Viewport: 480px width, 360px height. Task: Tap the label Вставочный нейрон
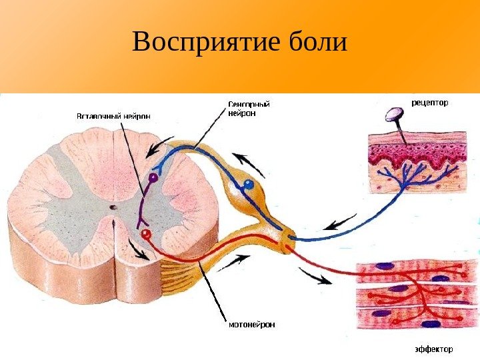[113, 115]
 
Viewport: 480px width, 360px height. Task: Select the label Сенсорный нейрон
[249, 109]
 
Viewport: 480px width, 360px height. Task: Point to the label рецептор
[430, 103]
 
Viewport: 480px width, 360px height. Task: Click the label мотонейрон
[251, 325]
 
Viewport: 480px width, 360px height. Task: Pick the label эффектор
[430, 349]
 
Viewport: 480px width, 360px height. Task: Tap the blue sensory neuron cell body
[248, 183]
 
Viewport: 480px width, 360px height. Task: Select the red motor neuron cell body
[146, 233]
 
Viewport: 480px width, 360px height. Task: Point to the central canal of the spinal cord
[113, 208]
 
